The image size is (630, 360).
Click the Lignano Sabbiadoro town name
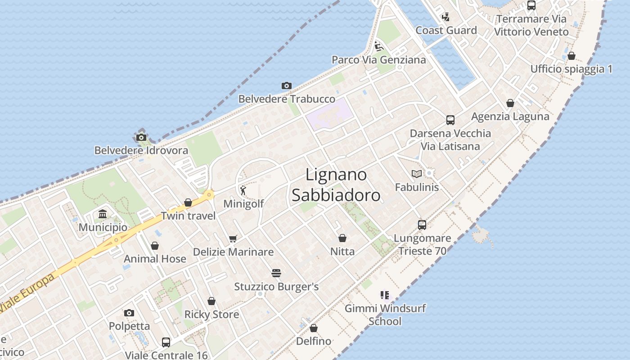click(x=336, y=185)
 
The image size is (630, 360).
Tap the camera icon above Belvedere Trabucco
click(x=286, y=85)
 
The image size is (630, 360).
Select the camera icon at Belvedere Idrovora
click(x=141, y=137)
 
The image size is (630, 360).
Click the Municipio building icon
click(x=103, y=214)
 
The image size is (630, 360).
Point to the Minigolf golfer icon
click(x=243, y=190)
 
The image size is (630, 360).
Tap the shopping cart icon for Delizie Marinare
click(x=233, y=238)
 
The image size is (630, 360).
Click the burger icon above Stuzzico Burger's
click(x=276, y=273)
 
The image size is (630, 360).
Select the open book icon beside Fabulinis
click(x=416, y=174)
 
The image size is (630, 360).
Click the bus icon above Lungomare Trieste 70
click(x=422, y=225)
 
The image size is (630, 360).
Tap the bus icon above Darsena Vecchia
click(x=450, y=120)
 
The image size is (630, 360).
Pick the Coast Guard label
click(x=446, y=30)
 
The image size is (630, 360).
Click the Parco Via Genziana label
click(x=378, y=60)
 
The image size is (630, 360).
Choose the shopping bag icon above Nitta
click(x=342, y=238)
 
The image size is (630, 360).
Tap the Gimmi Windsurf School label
click(x=385, y=315)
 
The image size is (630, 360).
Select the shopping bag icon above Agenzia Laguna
click(x=510, y=103)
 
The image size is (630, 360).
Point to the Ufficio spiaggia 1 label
click(x=571, y=69)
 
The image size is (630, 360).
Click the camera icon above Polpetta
click(x=129, y=313)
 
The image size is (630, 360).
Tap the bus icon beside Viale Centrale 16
click(x=166, y=342)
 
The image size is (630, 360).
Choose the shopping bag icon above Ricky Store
click(x=211, y=301)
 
